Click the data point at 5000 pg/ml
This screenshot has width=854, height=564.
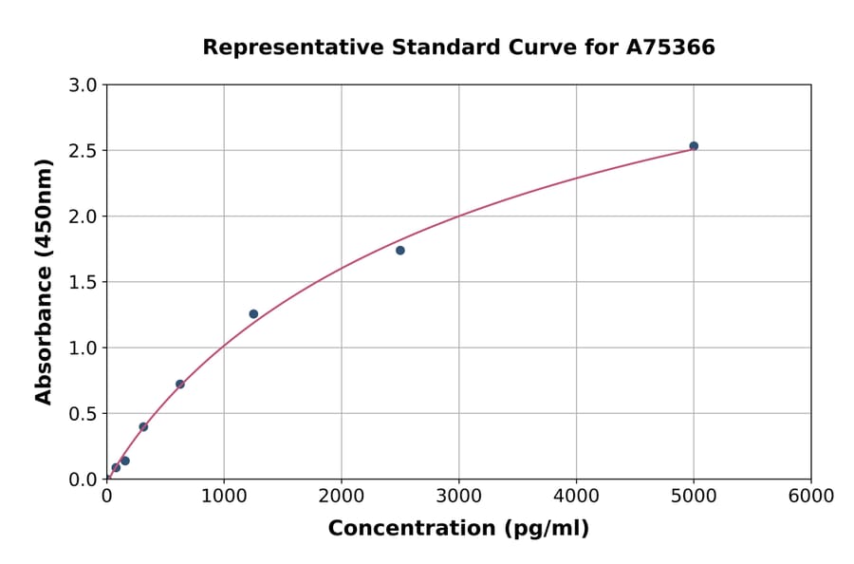click(694, 146)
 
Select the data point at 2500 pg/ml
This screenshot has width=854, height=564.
click(400, 251)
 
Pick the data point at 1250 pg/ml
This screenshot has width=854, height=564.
click(253, 314)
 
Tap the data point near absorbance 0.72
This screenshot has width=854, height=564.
click(180, 385)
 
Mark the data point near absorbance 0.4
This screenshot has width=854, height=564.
click(143, 427)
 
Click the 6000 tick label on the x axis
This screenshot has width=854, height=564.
click(811, 497)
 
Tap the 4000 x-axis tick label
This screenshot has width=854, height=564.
click(576, 497)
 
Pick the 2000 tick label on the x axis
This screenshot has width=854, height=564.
click(342, 497)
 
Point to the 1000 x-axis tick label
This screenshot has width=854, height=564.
click(224, 497)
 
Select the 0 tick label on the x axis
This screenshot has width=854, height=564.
click(106, 497)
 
